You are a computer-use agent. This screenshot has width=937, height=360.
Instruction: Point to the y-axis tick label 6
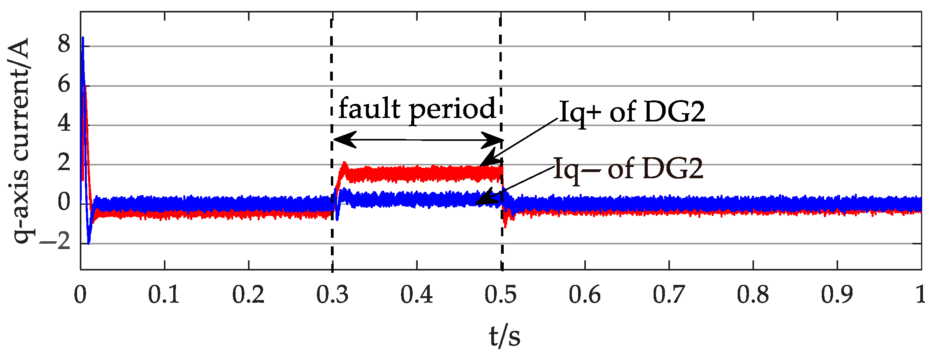(x=64, y=84)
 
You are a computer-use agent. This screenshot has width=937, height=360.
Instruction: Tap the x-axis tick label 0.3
(x=332, y=294)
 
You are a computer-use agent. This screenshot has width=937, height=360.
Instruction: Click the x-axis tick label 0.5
(x=501, y=294)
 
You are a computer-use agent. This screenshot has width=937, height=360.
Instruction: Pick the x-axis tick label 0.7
(x=669, y=294)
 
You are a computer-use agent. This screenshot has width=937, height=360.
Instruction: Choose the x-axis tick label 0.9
(x=837, y=294)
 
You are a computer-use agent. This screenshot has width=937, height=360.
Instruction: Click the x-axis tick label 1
(x=920, y=294)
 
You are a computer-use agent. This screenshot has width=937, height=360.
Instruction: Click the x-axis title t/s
(x=505, y=336)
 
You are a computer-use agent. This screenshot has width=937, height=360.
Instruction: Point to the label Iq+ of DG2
(x=632, y=112)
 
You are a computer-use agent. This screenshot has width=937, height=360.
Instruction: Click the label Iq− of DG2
(x=628, y=169)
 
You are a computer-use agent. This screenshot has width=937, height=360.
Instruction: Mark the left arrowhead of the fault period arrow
(x=343, y=140)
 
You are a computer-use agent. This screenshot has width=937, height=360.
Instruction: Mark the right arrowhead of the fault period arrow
(x=494, y=140)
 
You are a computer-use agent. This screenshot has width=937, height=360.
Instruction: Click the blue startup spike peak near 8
(x=83, y=38)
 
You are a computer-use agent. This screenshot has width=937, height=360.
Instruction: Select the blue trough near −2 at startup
(x=89, y=243)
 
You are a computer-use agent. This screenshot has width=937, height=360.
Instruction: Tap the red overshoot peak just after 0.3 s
(x=344, y=163)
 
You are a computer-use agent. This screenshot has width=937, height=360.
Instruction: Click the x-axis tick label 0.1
(x=164, y=294)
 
